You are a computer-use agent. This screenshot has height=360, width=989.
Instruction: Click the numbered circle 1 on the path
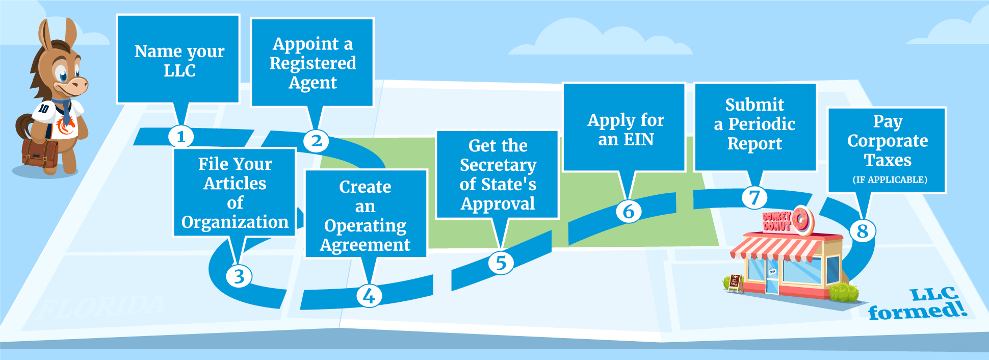181,136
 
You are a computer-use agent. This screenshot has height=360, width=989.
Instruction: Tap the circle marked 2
316,140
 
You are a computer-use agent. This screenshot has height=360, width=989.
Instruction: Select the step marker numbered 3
239,276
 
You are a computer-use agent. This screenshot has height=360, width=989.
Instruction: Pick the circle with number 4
369,296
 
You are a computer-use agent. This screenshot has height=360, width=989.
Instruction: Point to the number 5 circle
501,263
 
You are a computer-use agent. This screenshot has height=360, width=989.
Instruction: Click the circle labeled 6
629,211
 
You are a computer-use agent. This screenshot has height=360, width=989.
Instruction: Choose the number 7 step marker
754,197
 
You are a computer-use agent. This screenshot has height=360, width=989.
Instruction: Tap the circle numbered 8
862,231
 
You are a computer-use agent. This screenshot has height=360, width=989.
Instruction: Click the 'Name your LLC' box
178,60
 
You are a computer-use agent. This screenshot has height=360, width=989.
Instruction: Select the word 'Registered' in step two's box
313,63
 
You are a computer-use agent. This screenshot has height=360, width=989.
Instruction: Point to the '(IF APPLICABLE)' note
890,179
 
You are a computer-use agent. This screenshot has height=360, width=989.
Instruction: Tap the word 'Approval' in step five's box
498,203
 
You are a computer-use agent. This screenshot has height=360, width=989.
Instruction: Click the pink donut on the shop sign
801,220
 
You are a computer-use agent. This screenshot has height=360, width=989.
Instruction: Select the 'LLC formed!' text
918,304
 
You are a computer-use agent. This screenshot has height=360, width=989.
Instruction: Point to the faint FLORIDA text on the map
102,306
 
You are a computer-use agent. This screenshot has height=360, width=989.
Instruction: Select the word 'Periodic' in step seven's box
762,124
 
